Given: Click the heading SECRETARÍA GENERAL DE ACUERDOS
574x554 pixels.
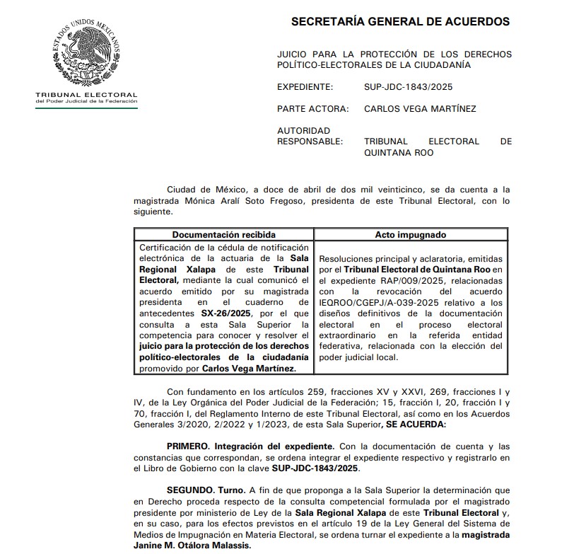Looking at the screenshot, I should click(x=400, y=21).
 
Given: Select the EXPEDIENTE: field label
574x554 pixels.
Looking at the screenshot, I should click(x=305, y=87).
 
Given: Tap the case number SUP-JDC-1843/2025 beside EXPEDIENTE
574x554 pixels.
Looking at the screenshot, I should click(x=408, y=87).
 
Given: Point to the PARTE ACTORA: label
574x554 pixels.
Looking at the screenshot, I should click(x=313, y=109).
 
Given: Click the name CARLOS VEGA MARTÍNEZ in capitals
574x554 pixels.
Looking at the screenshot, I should click(x=420, y=109).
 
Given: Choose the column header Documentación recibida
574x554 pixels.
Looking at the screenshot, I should click(x=223, y=234).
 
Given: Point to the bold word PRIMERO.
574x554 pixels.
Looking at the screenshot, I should click(x=190, y=446).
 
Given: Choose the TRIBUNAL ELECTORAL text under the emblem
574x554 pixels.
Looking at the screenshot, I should click(x=86, y=95).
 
